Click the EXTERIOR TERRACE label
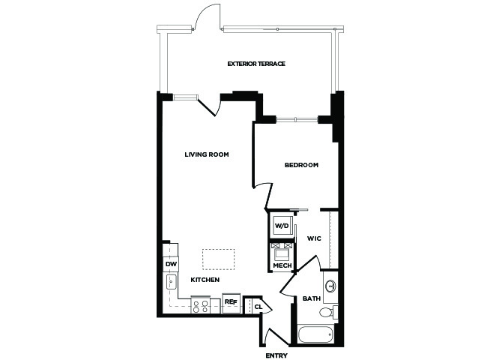[256, 64]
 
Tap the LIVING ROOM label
[207, 154]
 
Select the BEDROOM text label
[302, 165]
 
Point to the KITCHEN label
[205, 280]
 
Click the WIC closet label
[314, 238]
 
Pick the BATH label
[312, 298]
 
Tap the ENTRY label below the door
[276, 355]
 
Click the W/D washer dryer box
[282, 226]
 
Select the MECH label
[282, 265]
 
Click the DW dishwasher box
[171, 265]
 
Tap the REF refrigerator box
[232, 302]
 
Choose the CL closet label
[258, 307]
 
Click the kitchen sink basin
[171, 282]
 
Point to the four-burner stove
[201, 305]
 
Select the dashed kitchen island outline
[219, 259]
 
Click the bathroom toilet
[328, 311]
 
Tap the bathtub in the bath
[316, 334]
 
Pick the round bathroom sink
[330, 286]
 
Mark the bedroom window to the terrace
[297, 119]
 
